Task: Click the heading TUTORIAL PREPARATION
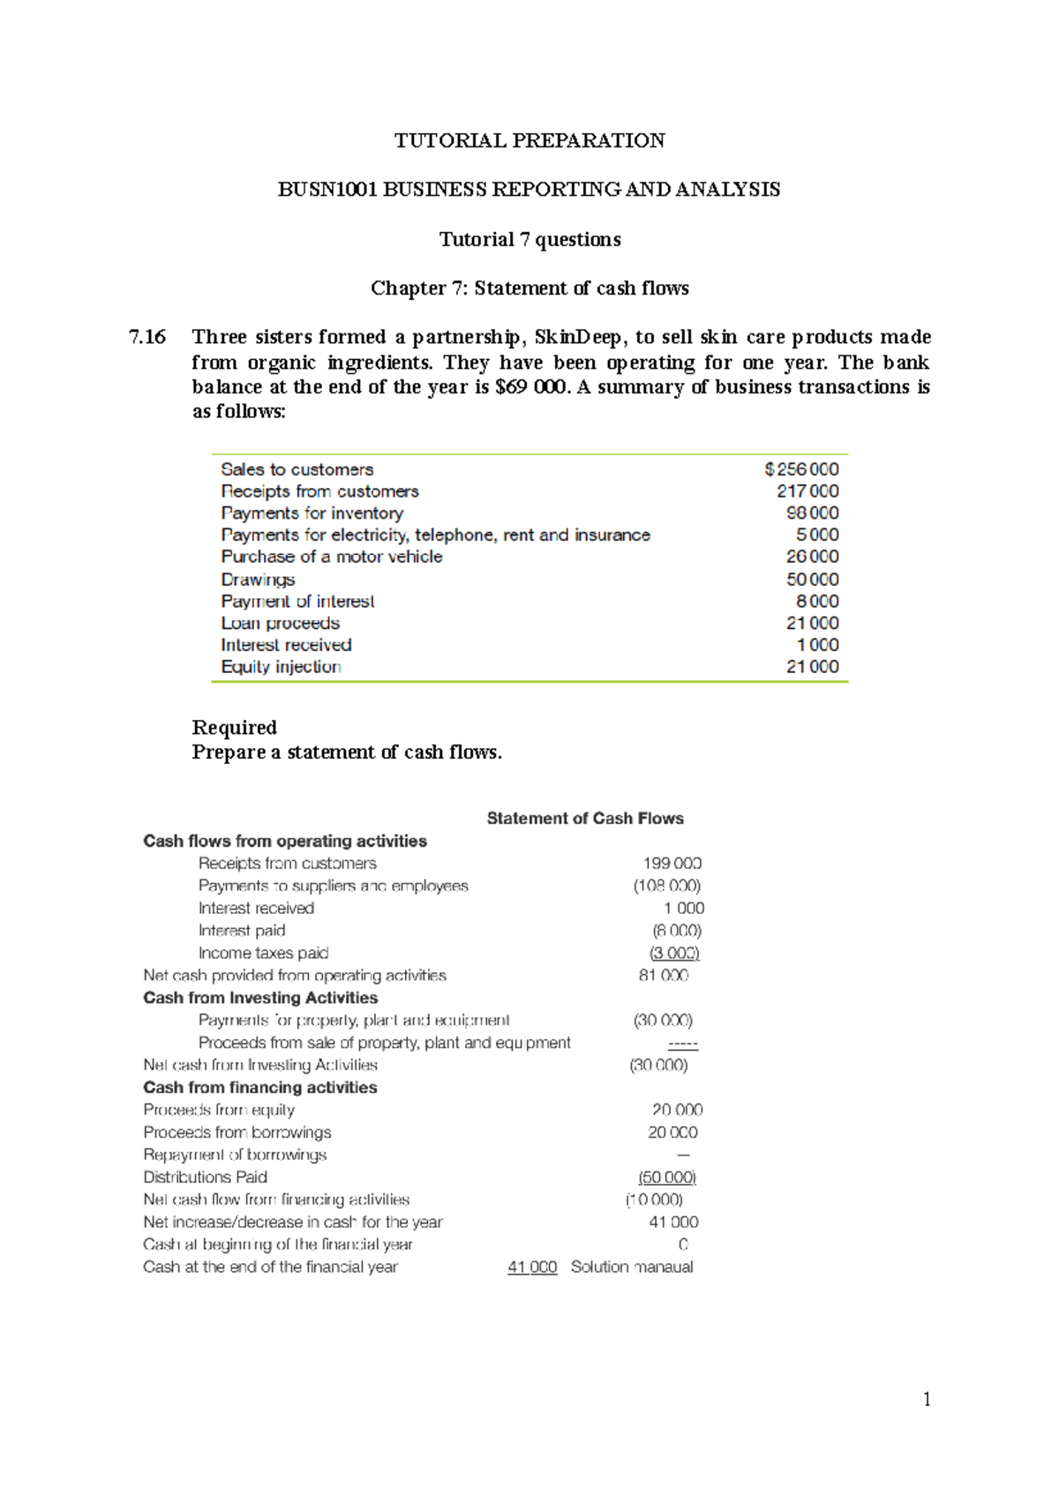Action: pyautogui.click(x=529, y=140)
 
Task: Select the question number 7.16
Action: pyautogui.click(x=146, y=337)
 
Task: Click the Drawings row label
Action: pyautogui.click(x=258, y=580)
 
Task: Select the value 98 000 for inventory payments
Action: pyautogui.click(x=812, y=513)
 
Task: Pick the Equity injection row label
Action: pyautogui.click(x=281, y=667)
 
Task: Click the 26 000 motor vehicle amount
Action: pyautogui.click(x=812, y=557)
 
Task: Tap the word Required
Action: pyautogui.click(x=234, y=728)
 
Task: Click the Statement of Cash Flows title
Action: pyautogui.click(x=585, y=819)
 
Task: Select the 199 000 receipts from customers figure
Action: pyautogui.click(x=672, y=864)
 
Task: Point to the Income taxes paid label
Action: pyautogui.click(x=263, y=954)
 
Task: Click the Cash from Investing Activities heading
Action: pyautogui.click(x=260, y=998)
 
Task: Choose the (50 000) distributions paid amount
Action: pyautogui.click(x=667, y=1178)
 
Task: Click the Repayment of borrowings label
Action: pyautogui.click(x=235, y=1155)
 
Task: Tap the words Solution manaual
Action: pyautogui.click(x=632, y=1268)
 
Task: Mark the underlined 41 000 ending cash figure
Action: pyautogui.click(x=532, y=1268)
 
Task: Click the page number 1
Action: pyautogui.click(x=926, y=1399)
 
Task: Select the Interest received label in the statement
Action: pyautogui.click(x=256, y=909)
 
